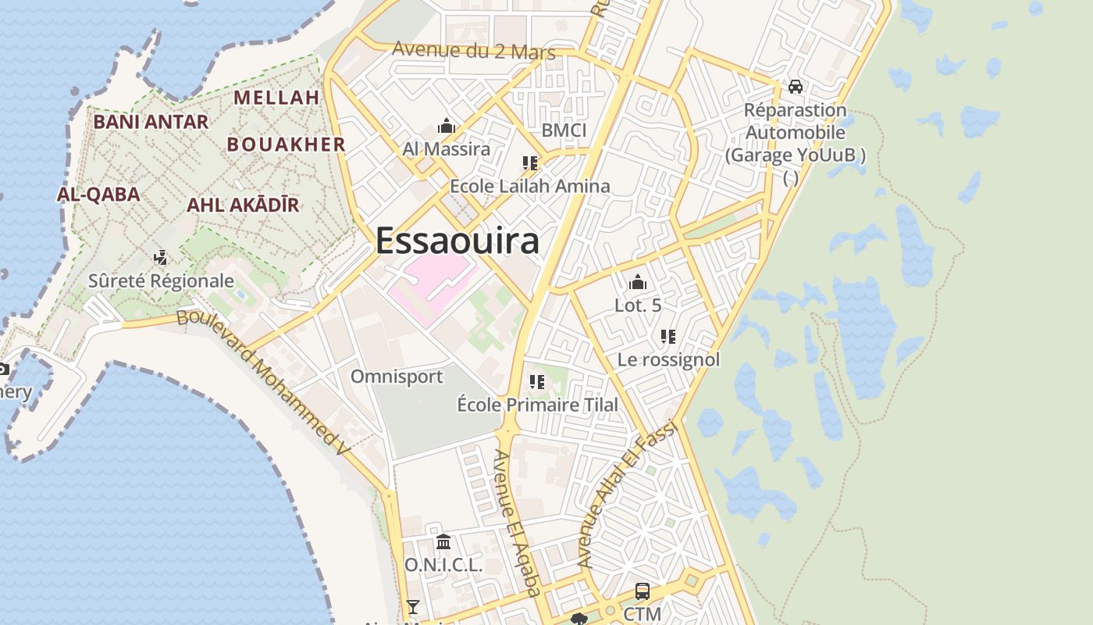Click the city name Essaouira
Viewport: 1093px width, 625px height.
coord(457,241)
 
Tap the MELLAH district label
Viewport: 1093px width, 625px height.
coord(276,98)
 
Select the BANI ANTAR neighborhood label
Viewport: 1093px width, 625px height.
coord(151,122)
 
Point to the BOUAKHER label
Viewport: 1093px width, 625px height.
coord(286,145)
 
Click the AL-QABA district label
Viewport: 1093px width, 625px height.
coord(98,195)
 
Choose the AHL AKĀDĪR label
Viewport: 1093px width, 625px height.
coord(243,205)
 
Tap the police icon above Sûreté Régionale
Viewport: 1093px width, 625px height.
coord(161,257)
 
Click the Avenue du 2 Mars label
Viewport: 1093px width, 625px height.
coord(473,51)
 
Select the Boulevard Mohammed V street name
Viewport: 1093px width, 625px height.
coord(262,382)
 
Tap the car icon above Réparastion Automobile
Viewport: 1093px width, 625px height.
coord(795,87)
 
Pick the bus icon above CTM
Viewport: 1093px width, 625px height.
coord(642,591)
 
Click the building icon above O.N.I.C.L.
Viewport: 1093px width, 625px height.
coord(443,541)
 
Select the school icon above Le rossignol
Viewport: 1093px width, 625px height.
coord(668,337)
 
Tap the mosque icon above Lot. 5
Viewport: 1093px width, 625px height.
coord(637,282)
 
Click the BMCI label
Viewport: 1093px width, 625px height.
coord(564,130)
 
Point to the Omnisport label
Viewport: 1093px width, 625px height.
coord(397,377)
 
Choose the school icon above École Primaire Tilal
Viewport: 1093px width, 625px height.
coord(536,382)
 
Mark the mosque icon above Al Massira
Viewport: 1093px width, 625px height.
coord(447,126)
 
